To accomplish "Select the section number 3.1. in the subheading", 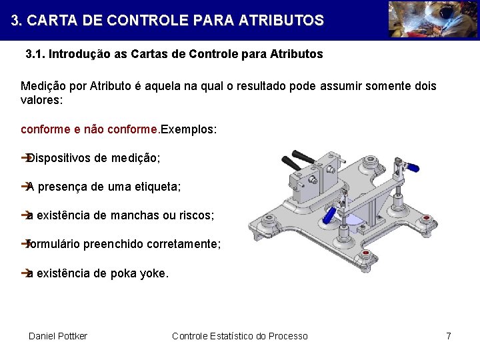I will coord(35,54).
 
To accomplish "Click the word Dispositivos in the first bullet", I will coord(59,159).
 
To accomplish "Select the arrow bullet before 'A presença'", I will coord(25,187).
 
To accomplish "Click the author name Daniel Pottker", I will coord(58,336).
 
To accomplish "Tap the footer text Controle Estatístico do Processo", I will coord(240,336).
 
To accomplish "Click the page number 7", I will coord(449,336).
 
